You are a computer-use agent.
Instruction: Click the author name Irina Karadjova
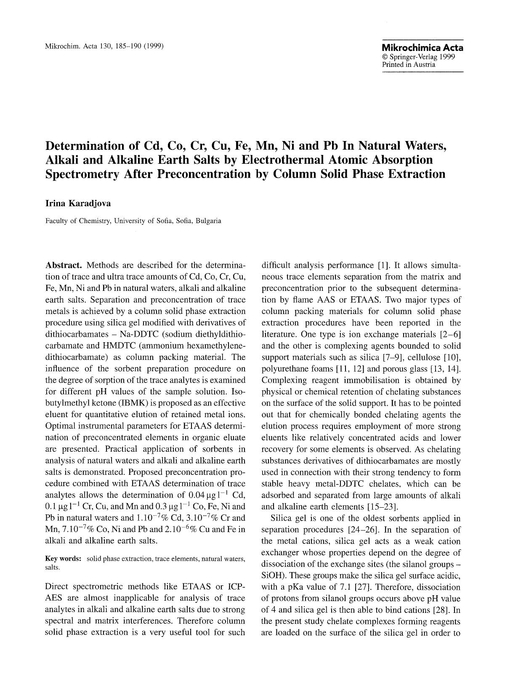(x=78, y=203)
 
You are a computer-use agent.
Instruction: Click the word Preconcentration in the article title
(x=203, y=174)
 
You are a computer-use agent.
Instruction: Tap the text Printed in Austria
(x=409, y=64)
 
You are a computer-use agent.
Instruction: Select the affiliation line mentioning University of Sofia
(x=133, y=221)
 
